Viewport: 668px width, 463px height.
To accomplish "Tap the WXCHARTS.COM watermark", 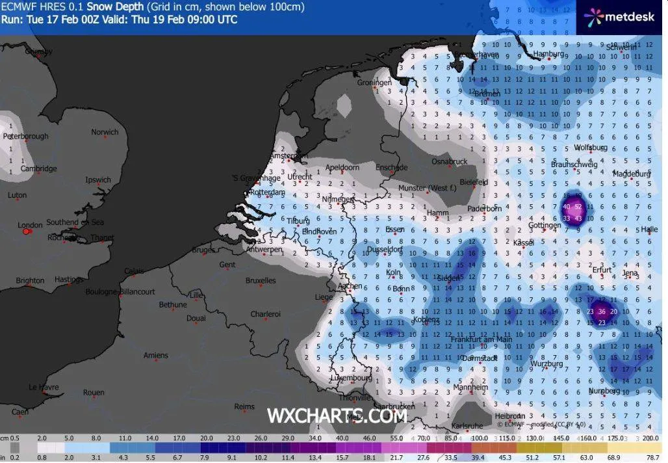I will (x=337, y=416).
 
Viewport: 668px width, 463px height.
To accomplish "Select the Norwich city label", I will (x=105, y=132).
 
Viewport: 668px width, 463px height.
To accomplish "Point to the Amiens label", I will (x=155, y=355).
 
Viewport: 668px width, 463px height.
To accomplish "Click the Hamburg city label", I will (x=546, y=54).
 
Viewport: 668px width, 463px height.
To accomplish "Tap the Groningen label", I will (x=374, y=83).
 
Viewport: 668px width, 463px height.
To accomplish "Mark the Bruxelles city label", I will (x=261, y=280).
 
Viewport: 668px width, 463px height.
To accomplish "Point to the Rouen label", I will (x=94, y=392).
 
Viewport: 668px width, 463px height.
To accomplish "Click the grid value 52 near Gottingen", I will (x=579, y=207).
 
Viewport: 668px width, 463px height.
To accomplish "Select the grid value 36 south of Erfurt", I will (x=602, y=311).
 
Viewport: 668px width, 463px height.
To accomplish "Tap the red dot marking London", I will (x=26, y=231).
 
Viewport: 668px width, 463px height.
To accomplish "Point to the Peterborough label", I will (x=26, y=136).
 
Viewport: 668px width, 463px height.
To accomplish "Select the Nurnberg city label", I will (x=604, y=391).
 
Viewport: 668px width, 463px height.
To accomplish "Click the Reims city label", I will (x=244, y=406).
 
